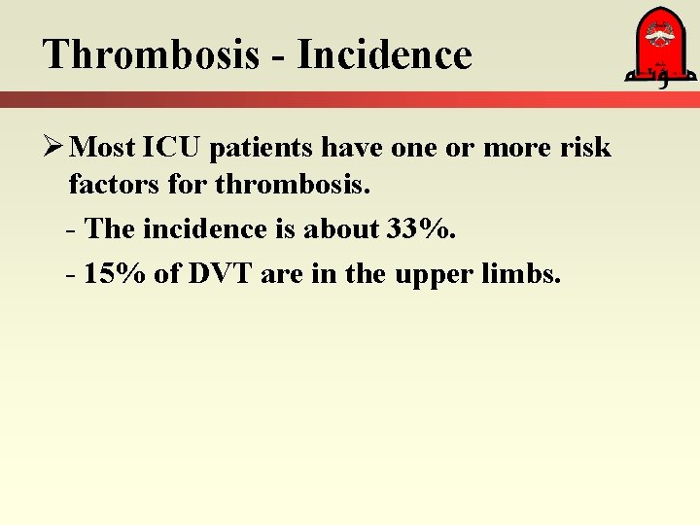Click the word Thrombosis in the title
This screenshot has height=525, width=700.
click(x=151, y=54)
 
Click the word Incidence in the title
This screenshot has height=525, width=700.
click(x=384, y=54)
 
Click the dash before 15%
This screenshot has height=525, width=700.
click(x=72, y=275)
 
